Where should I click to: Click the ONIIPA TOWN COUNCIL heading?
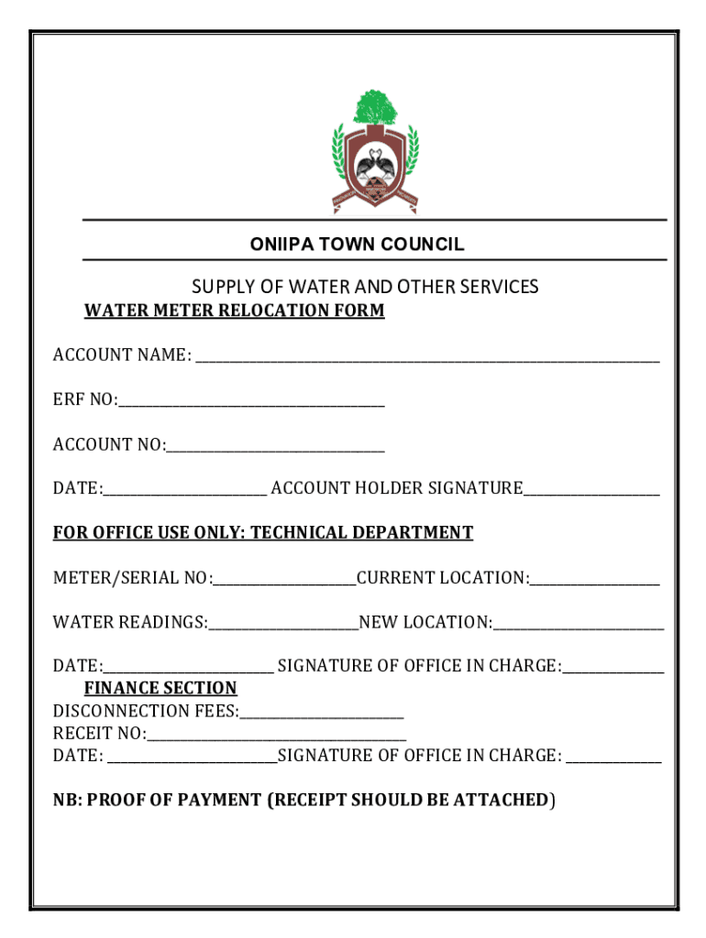coord(357,245)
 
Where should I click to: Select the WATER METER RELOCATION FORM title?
coord(234,311)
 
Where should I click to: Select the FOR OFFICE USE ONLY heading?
coord(262,532)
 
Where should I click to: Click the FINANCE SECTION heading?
coord(160,688)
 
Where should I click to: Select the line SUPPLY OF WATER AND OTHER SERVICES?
coord(365,287)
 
